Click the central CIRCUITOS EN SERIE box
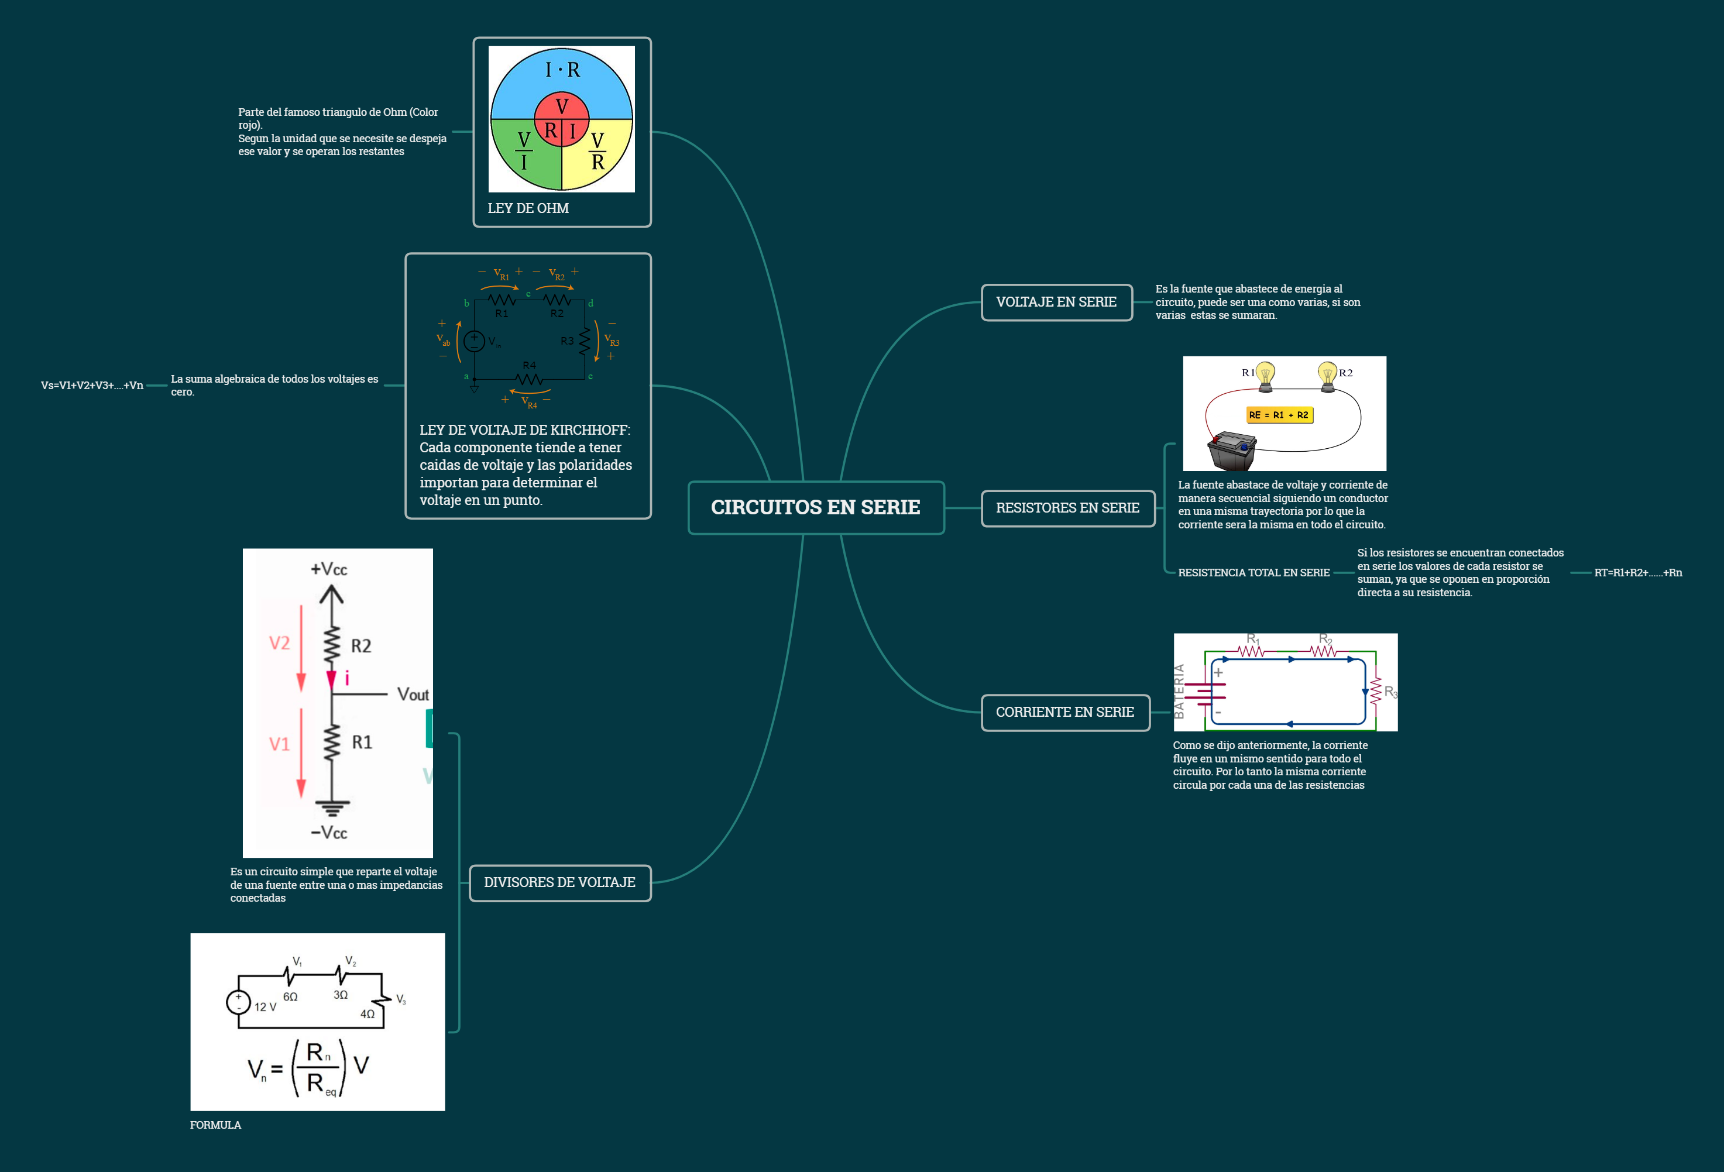815,507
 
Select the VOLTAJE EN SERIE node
1056,302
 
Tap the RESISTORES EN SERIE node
1067,508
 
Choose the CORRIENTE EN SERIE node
1064,712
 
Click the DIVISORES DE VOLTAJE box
559,883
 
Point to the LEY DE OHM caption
528,208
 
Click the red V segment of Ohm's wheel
562,106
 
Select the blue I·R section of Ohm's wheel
562,70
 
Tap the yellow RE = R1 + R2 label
1279,415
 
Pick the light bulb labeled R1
1266,374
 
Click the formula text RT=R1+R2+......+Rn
1638,573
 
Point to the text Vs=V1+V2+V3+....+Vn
92,386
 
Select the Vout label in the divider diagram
413,695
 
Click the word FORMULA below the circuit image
215,1125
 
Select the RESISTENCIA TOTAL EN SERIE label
1253,573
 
